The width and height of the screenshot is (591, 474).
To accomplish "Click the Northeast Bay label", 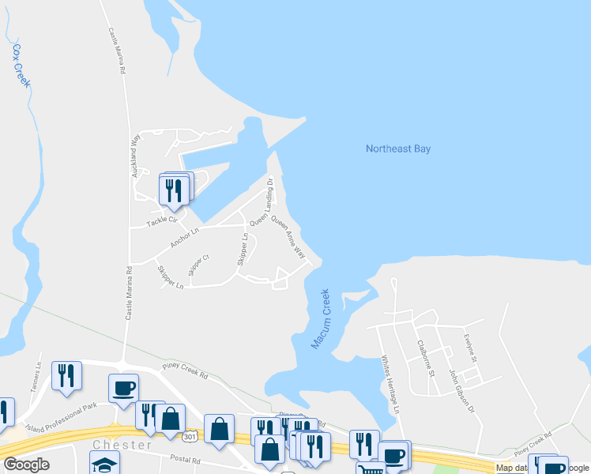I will tap(398, 149).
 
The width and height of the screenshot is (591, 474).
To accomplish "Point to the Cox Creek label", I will tap(20, 64).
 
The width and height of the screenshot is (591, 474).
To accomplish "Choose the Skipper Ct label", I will tap(198, 266).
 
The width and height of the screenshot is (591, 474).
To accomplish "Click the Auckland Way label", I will tap(136, 155).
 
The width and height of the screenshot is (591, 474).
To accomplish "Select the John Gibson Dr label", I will tap(463, 391).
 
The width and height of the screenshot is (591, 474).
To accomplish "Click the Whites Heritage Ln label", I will tap(390, 384).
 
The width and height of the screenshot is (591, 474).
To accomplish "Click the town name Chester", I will tap(121, 446).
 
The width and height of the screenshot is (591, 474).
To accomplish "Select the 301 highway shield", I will tap(190, 436).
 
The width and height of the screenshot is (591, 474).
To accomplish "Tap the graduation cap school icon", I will tap(104, 464).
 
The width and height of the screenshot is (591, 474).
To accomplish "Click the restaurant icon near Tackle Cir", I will tap(173, 190).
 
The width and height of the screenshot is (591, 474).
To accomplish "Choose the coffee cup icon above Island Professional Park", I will tap(124, 388).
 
